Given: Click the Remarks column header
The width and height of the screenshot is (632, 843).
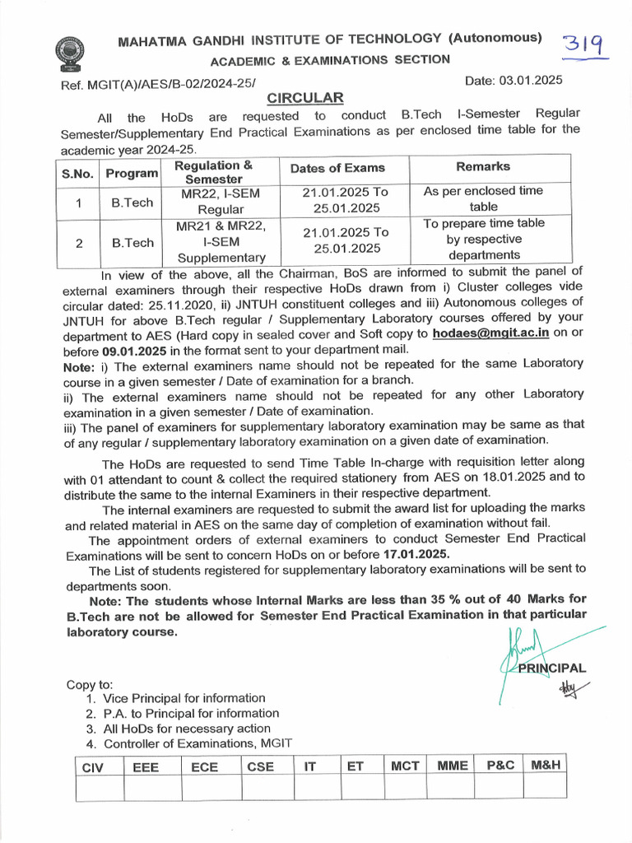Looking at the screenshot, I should coord(483,166).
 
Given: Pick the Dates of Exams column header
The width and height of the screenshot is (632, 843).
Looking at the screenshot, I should coord(337,168).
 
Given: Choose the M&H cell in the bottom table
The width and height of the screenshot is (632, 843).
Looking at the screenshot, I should coord(545,765).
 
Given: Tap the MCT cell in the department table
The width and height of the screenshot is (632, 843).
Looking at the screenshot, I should coord(405,766).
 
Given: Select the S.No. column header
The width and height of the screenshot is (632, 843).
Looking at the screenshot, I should coord(77,174).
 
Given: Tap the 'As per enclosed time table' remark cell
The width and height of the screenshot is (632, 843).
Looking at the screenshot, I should coord(483,198).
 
